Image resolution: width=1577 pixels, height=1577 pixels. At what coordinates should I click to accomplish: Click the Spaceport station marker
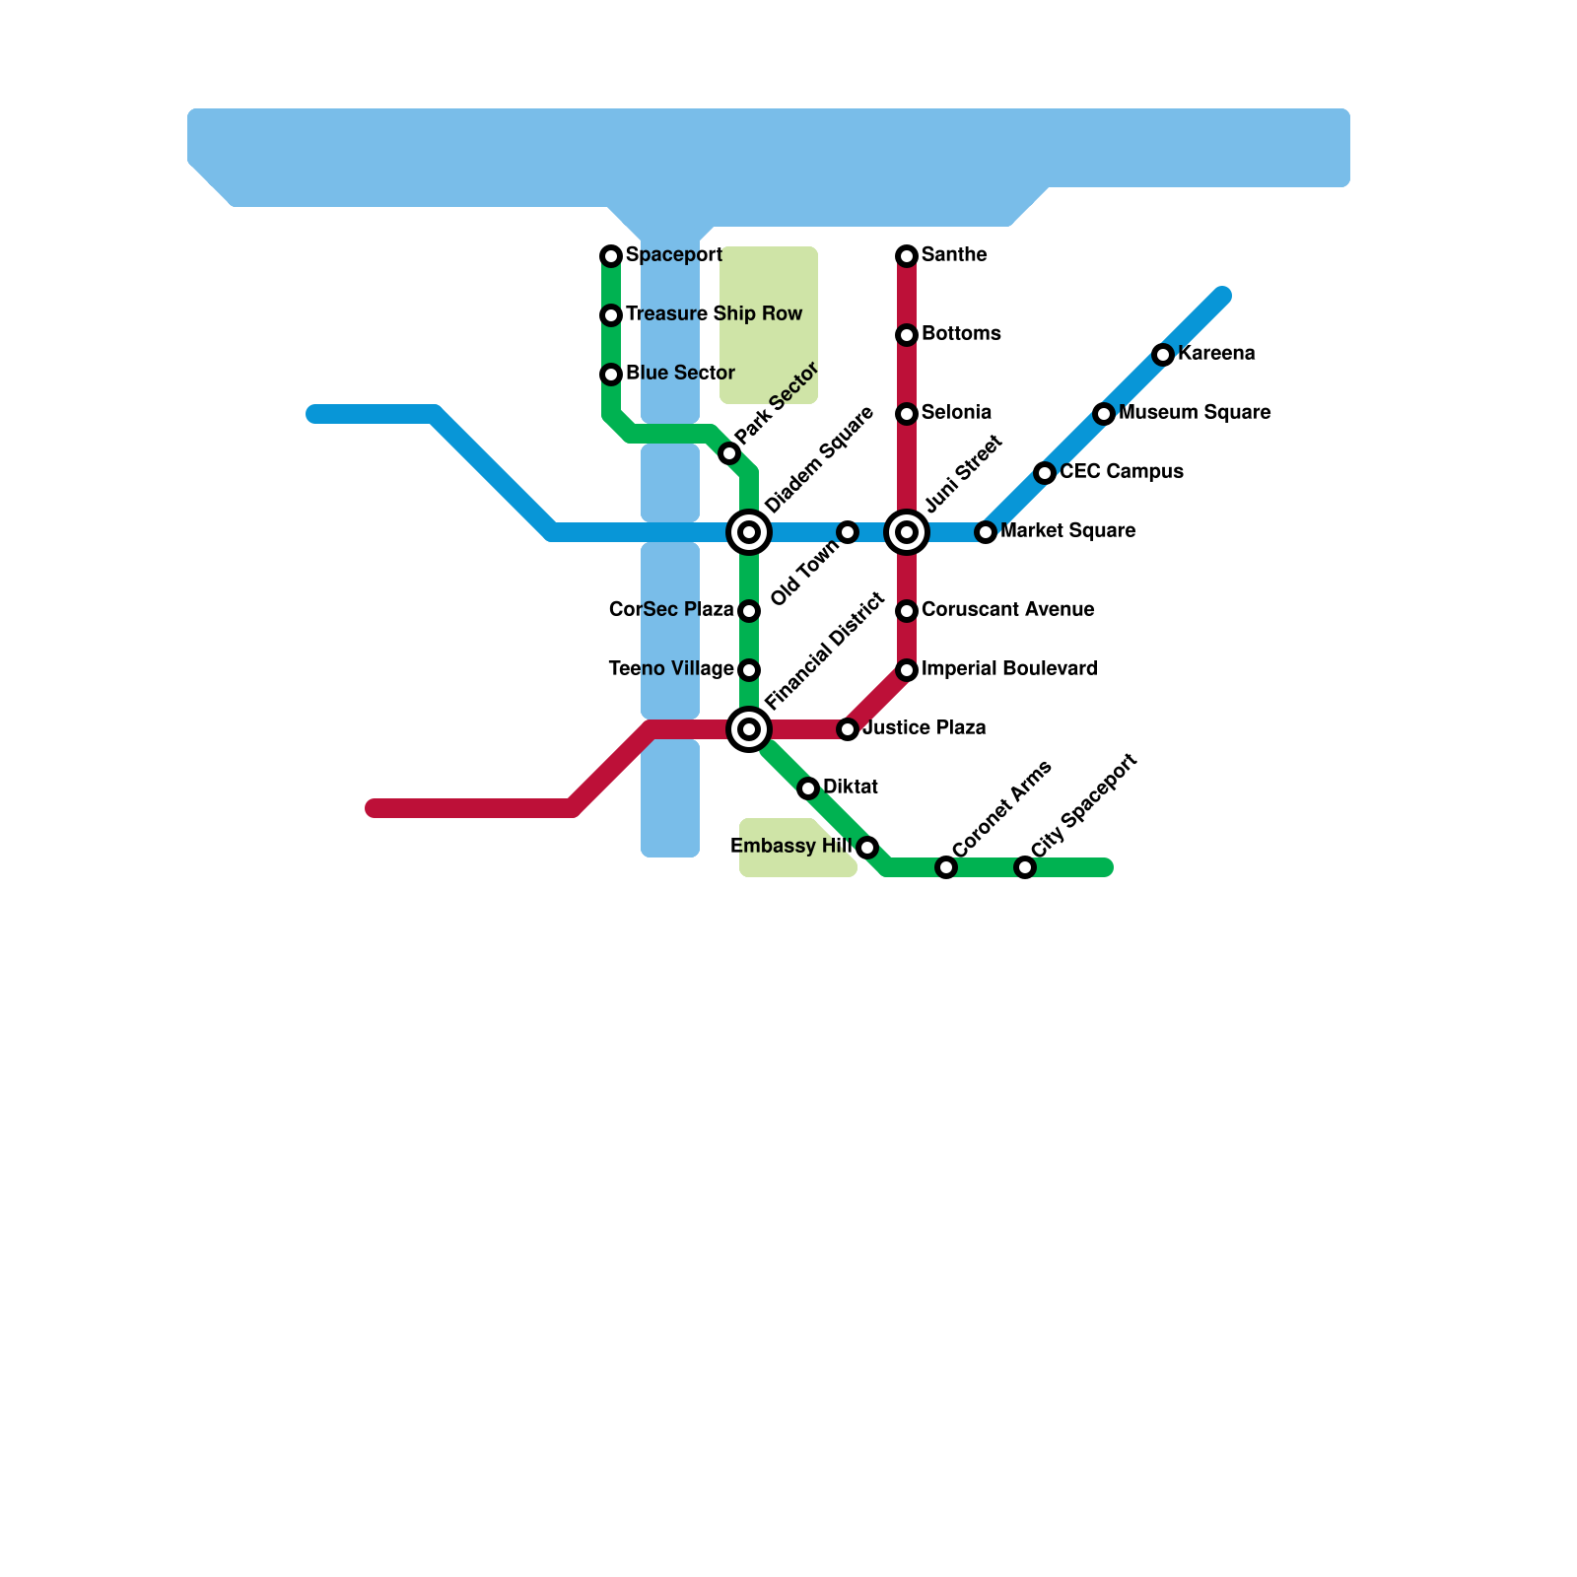click(x=611, y=256)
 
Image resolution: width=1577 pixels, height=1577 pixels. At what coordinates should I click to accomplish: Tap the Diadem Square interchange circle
click(x=749, y=532)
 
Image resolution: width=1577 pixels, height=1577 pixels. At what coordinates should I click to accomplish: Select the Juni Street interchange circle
click(x=907, y=532)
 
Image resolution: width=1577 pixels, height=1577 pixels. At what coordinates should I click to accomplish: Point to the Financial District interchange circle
click(x=749, y=729)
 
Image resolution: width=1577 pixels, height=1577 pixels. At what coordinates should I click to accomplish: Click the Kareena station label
click(x=1216, y=354)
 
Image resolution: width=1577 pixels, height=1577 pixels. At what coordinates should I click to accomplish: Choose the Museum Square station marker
click(x=1104, y=414)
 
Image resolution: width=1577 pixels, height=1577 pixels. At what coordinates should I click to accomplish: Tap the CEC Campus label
click(x=1122, y=472)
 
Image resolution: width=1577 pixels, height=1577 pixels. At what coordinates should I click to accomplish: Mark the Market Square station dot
click(x=986, y=532)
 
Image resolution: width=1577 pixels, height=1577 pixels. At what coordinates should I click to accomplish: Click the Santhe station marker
click(x=907, y=256)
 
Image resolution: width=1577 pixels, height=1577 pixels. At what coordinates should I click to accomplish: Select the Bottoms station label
click(x=961, y=334)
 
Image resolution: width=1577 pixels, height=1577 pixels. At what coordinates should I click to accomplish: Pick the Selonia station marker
click(x=907, y=414)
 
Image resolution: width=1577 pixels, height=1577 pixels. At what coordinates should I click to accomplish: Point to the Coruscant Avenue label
click(x=1007, y=610)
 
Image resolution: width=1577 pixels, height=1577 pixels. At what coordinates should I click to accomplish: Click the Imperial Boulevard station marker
click(x=907, y=670)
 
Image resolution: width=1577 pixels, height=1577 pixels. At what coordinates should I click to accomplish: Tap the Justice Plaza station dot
click(x=848, y=729)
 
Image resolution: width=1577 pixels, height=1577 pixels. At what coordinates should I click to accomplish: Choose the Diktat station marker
click(x=808, y=788)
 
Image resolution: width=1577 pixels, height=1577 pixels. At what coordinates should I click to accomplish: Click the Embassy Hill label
click(x=790, y=847)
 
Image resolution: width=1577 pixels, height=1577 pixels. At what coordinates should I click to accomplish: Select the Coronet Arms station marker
click(x=946, y=867)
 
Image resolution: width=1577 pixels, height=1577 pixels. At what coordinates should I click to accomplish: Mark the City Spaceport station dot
click(x=1025, y=867)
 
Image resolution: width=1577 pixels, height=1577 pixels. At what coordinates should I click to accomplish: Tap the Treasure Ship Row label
click(x=714, y=314)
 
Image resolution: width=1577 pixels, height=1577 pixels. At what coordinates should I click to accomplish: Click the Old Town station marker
click(x=848, y=532)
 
